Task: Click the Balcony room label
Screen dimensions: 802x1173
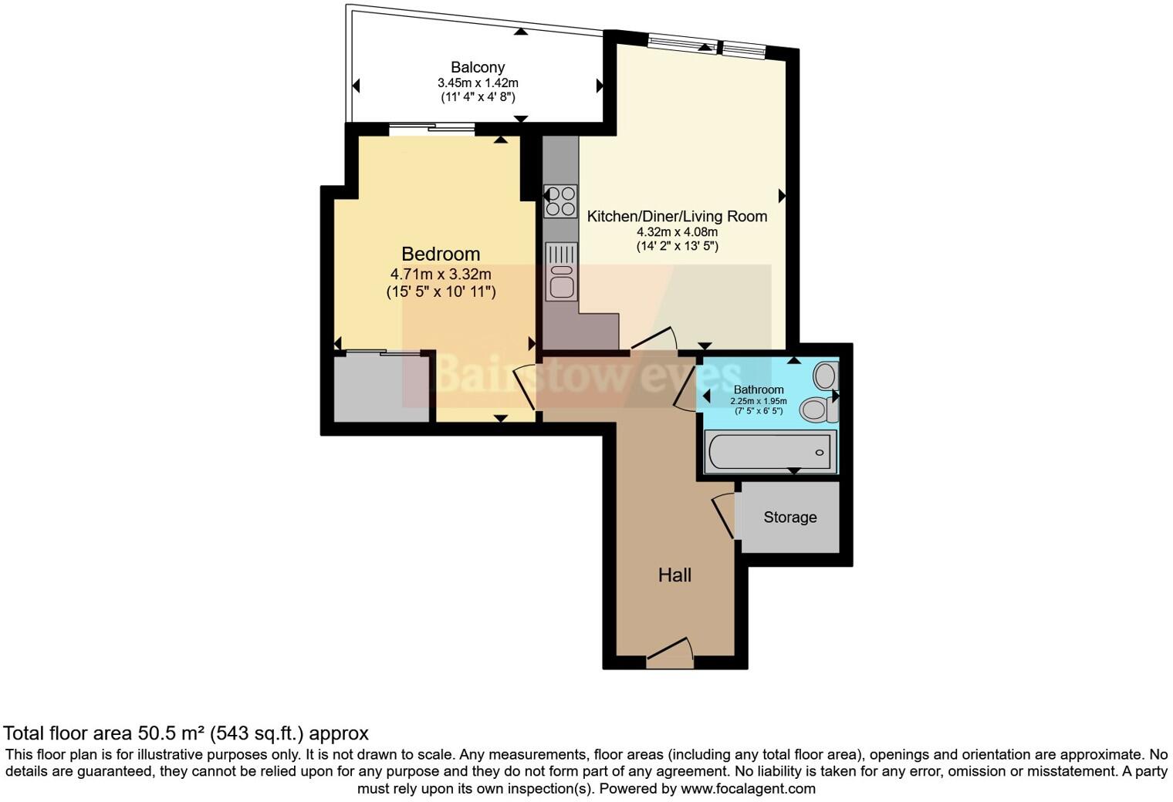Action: click(478, 68)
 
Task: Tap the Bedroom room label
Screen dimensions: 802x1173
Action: click(441, 254)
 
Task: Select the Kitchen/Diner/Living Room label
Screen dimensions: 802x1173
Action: click(677, 216)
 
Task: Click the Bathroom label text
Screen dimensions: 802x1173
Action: click(758, 389)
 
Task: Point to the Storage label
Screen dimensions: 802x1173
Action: click(789, 517)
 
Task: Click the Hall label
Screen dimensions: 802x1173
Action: click(674, 575)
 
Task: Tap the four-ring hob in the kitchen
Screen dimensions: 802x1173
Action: click(560, 200)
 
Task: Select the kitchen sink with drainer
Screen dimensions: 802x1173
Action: click(560, 271)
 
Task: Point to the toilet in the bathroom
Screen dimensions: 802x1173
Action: click(816, 409)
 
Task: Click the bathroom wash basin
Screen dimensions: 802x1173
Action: click(825, 376)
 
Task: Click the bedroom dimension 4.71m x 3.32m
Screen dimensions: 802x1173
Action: click(441, 274)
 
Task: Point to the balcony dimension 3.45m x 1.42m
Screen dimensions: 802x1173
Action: click(478, 83)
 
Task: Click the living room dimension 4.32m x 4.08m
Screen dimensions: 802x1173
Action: click(677, 232)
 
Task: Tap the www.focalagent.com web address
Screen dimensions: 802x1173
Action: click(748, 789)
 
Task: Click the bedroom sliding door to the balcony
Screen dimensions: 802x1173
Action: click(432, 130)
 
